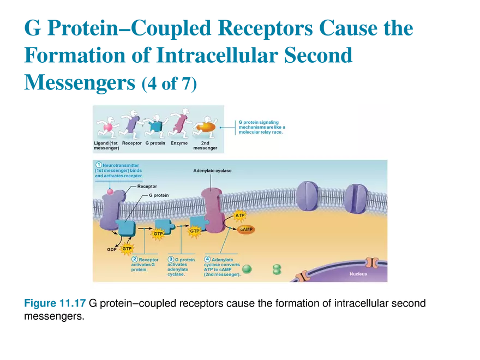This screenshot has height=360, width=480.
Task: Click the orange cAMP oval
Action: coord(246,230)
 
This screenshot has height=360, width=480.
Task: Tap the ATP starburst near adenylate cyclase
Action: coord(239,215)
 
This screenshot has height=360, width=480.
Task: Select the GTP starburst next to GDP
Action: coord(127,249)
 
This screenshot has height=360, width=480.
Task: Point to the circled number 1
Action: coord(99,165)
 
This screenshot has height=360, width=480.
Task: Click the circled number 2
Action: coord(135,260)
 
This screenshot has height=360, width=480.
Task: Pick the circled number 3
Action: coord(171,260)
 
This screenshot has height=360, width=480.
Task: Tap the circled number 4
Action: coord(207,260)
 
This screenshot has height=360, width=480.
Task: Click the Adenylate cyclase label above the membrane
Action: coord(212,171)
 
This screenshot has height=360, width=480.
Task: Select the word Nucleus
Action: coord(358,274)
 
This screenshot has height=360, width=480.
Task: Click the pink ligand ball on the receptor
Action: coord(110,191)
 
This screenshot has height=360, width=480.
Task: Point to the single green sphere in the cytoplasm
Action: coord(247,269)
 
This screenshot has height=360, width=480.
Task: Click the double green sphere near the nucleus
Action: coord(277,269)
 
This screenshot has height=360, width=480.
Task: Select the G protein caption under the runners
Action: coord(155,143)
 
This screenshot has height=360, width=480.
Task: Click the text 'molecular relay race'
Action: coord(261,132)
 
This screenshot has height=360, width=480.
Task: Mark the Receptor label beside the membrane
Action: coord(147,186)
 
